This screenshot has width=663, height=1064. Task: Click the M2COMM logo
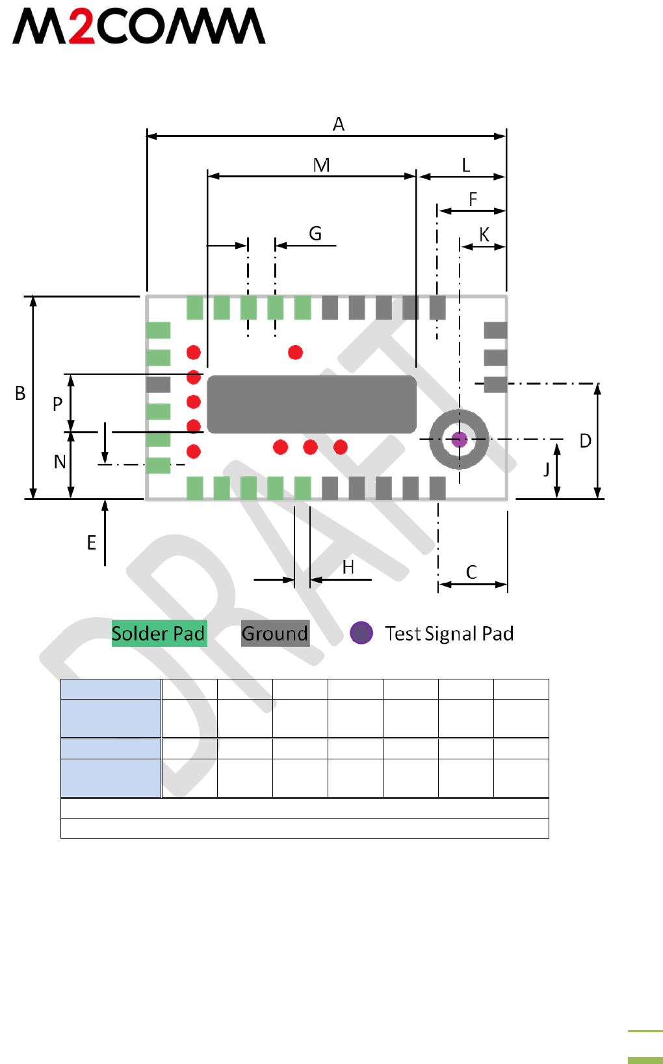(138, 27)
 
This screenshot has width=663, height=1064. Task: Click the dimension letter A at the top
(338, 124)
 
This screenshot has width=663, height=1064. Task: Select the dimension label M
(321, 166)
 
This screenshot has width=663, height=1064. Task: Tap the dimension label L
(465, 166)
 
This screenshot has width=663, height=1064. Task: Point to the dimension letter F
(473, 199)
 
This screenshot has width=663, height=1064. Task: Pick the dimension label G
(315, 234)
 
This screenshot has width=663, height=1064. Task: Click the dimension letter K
(484, 235)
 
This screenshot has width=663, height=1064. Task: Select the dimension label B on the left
(20, 394)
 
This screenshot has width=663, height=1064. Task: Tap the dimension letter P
(57, 405)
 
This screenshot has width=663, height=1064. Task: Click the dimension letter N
(60, 462)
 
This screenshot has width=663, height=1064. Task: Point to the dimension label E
(92, 543)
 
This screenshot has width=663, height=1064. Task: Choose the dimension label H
(348, 568)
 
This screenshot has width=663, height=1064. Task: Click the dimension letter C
(471, 572)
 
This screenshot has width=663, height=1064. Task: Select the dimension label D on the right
(586, 442)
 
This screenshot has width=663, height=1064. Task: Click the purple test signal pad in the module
(460, 440)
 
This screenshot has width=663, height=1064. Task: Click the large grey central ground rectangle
(311, 404)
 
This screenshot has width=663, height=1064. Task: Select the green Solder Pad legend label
(159, 633)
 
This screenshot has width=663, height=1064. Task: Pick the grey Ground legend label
(275, 633)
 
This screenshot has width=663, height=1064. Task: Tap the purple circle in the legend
(361, 633)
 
